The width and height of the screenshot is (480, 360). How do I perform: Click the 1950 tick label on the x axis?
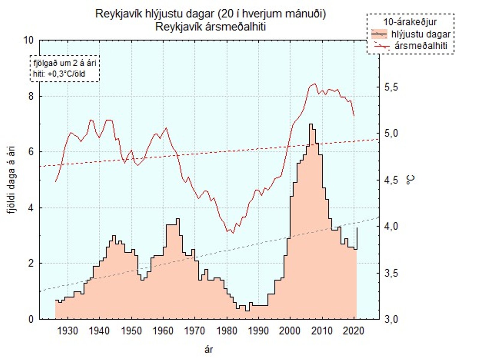tap(131, 331)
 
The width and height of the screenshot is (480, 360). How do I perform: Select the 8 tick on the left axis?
tap(31, 96)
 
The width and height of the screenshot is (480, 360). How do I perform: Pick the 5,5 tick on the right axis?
tap(391, 87)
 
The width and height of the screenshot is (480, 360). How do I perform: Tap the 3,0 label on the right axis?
tap(391, 319)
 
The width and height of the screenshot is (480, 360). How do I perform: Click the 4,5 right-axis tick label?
tap(391, 181)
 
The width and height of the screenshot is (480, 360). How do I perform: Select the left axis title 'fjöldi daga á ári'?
tap(12, 180)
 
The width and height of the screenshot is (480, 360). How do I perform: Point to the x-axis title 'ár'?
tap(208, 349)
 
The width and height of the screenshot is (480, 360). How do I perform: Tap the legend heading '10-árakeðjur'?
tap(410, 22)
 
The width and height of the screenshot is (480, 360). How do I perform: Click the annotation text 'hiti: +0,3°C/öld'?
tap(59, 74)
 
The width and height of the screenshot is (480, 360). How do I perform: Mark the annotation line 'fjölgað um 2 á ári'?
tap(65, 63)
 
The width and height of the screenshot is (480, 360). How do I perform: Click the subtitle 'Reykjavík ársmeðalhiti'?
tap(211, 27)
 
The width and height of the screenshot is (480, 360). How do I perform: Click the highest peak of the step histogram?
tap(310, 124)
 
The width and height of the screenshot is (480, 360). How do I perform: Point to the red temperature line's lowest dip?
tap(233, 233)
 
